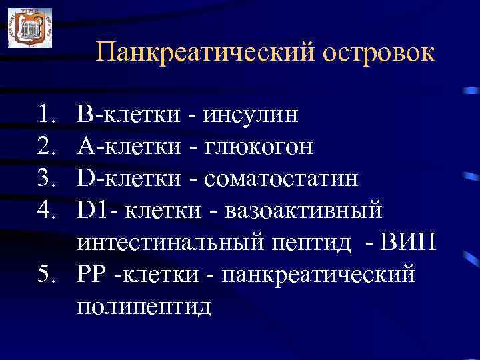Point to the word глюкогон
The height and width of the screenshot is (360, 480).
pos(257,147)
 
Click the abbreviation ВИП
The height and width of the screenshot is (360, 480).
pos(409,243)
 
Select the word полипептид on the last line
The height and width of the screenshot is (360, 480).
pos(145,306)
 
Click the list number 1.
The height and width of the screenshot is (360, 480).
pos(47,115)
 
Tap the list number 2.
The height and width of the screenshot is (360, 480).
pos(47,147)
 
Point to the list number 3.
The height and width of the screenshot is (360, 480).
pos(47,179)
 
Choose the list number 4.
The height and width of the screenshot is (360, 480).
pos(47,211)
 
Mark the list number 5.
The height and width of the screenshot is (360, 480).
pos(47,275)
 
